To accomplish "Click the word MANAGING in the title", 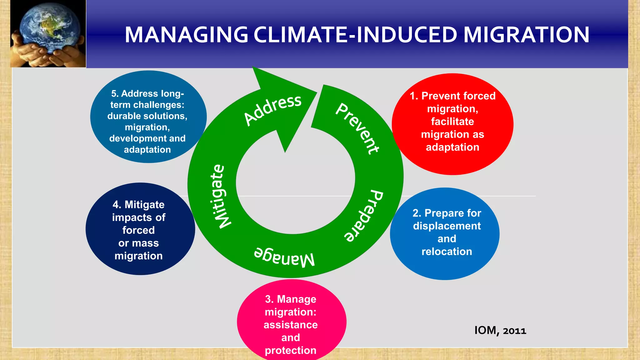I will tap(186, 35).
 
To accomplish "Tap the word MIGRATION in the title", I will tap(526, 35).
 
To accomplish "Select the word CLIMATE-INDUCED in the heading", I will tap(355, 35).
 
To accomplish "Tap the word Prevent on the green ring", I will tap(357, 128).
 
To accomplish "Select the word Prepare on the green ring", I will tap(364, 216).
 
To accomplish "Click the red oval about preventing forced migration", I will tap(452, 124).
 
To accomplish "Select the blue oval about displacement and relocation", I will tap(445, 233).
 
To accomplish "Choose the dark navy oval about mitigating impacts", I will tap(140, 229).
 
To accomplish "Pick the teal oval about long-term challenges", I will tap(148, 117).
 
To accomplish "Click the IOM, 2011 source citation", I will tap(500, 330).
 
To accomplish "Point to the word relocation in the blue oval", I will tap(447, 252).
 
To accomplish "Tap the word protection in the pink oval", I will tap(291, 350).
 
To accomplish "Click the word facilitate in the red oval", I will tap(452, 122).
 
